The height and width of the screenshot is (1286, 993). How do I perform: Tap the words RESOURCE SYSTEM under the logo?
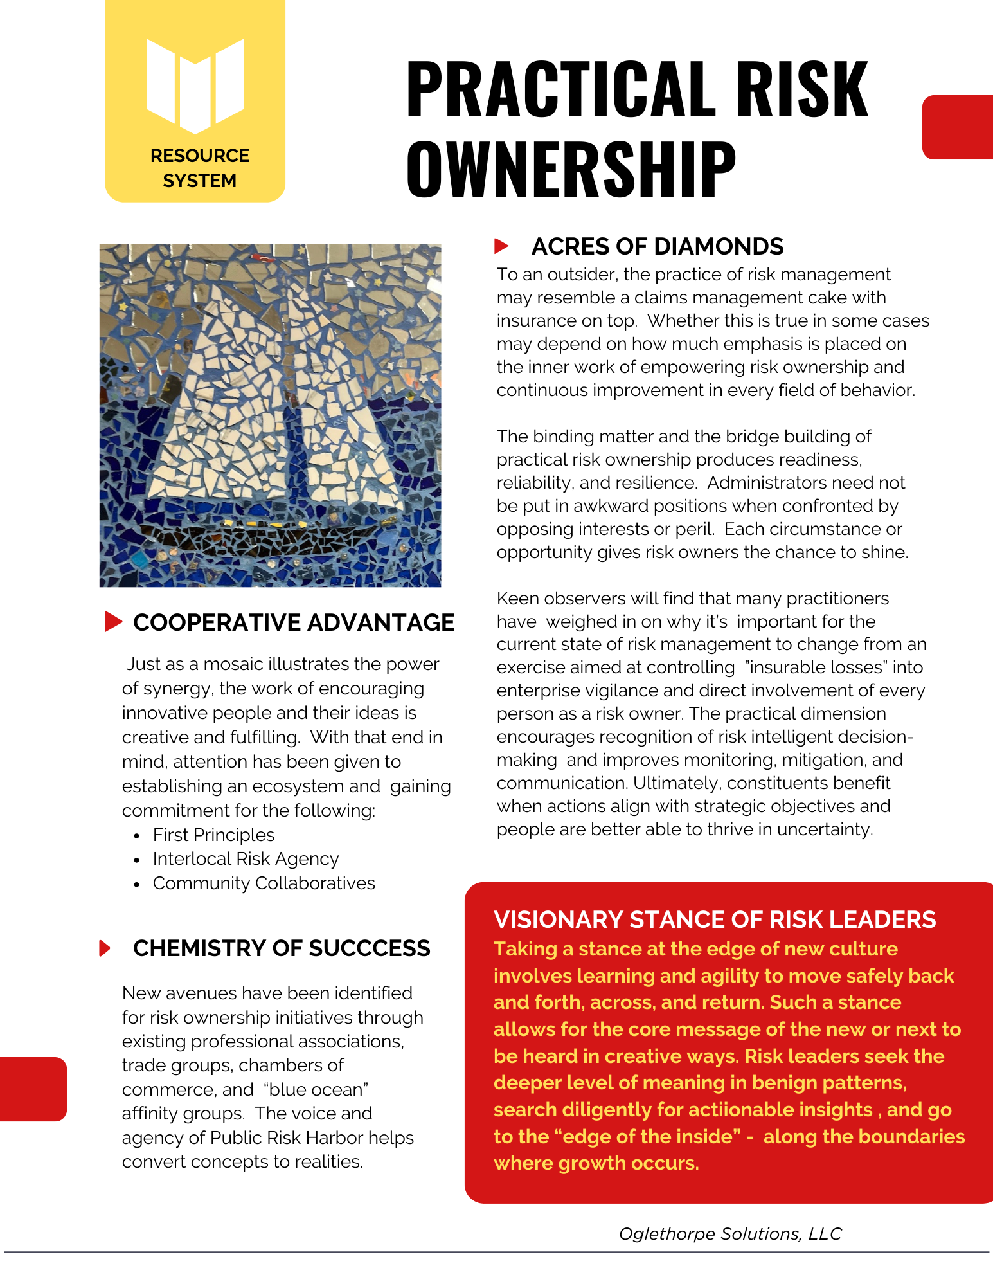(x=199, y=168)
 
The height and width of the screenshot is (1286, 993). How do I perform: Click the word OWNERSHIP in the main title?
(x=571, y=168)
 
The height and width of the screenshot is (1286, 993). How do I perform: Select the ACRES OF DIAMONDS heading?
(x=657, y=246)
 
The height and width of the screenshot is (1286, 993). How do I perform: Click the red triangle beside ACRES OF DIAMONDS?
(x=501, y=246)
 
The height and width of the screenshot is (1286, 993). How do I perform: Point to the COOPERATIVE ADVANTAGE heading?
(x=294, y=622)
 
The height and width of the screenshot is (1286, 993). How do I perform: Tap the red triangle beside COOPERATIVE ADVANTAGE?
(x=113, y=622)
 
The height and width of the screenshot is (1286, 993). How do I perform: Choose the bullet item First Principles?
(x=213, y=835)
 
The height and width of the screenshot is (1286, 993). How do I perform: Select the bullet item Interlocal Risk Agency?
(x=246, y=859)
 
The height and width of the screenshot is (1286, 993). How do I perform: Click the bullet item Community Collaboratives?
(x=264, y=883)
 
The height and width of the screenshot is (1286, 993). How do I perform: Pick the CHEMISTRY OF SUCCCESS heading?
(x=282, y=948)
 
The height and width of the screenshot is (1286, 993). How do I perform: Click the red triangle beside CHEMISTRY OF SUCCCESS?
(x=105, y=948)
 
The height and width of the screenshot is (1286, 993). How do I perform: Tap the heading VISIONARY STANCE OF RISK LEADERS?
(x=715, y=919)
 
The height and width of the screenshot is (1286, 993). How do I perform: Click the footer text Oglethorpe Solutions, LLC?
(x=730, y=1234)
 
